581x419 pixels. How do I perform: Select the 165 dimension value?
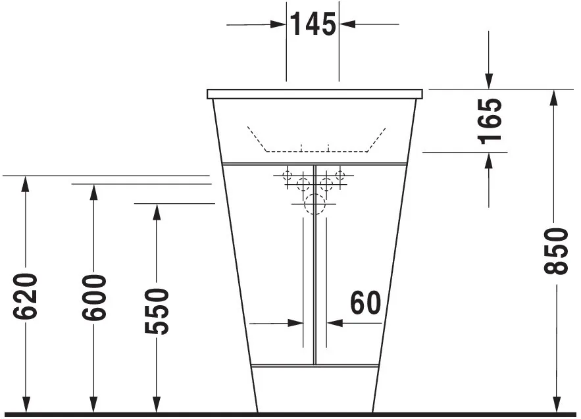coord(490,120)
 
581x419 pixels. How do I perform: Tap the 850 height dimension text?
coord(556,251)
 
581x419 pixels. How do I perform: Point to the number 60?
coord(365,303)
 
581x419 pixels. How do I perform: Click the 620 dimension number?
coord(26,297)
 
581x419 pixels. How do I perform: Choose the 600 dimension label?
coord(94,298)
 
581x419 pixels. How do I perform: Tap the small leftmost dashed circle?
coord(287,176)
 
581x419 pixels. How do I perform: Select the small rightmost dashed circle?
coord(340,176)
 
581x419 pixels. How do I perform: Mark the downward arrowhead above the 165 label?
coord(488,82)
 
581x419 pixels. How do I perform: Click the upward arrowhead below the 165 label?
coord(488,159)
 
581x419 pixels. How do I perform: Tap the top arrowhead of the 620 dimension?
coord(26,184)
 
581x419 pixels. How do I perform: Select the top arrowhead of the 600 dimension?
coord(94,191)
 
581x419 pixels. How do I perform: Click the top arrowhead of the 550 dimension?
coord(156,211)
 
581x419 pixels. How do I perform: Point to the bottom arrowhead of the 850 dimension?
coord(556,405)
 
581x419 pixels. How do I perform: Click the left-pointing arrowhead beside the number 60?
coord(335,323)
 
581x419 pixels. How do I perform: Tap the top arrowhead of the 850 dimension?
coord(556,97)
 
